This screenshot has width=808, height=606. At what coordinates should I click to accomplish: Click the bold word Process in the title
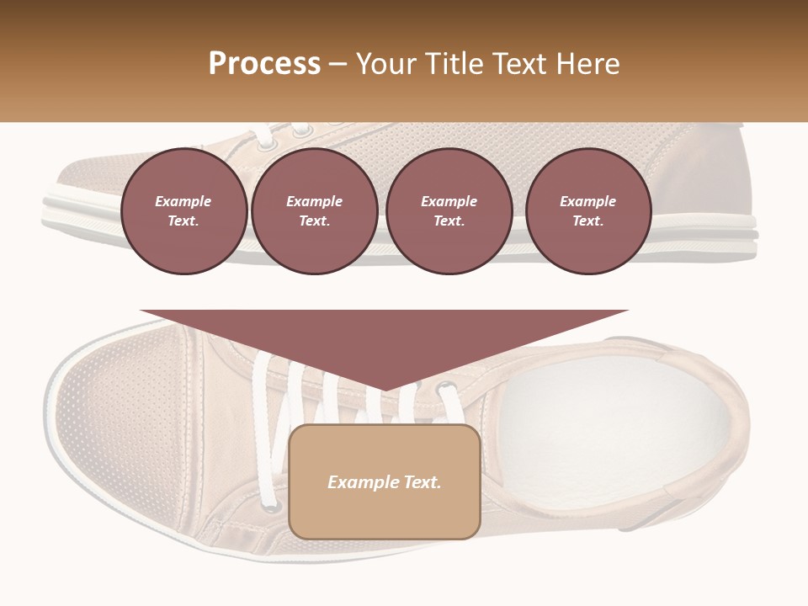point(264,64)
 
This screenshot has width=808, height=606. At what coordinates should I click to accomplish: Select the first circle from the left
point(183,211)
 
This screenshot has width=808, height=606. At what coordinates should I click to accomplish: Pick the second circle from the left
point(315,211)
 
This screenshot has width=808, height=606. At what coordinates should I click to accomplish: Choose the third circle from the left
point(449,211)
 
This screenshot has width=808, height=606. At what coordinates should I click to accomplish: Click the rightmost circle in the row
point(588,211)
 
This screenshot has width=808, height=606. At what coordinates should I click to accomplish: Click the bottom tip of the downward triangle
point(385,390)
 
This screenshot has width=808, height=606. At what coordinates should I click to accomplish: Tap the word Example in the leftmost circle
point(183,201)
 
